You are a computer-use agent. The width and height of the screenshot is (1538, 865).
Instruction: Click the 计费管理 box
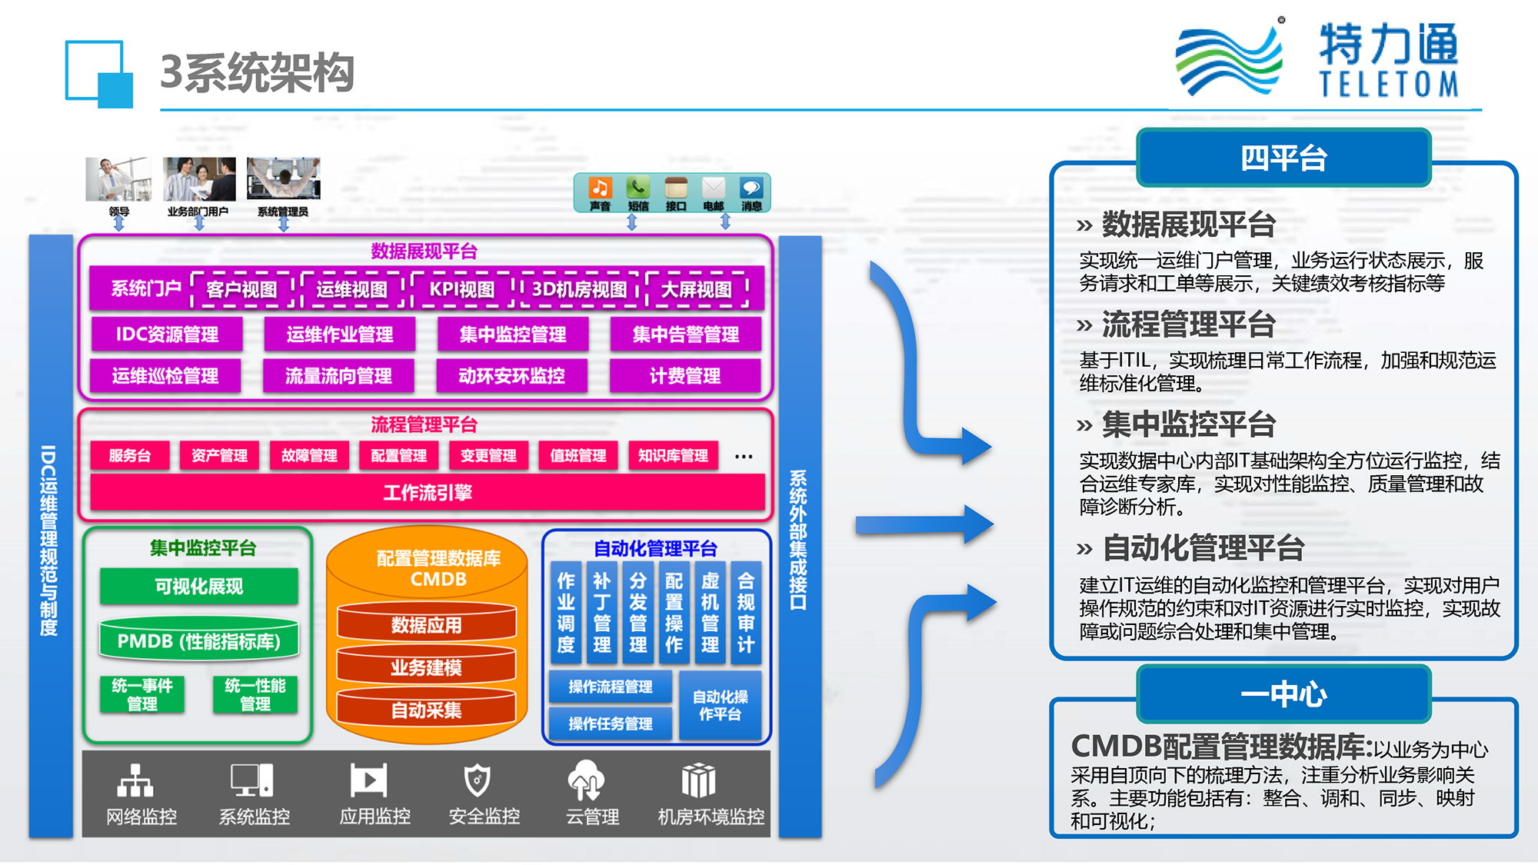[x=685, y=376]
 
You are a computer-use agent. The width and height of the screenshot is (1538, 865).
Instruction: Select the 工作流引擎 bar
[x=428, y=493]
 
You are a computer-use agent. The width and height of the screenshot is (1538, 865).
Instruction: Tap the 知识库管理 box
[x=673, y=455]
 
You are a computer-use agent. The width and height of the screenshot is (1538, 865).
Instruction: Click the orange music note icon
[x=600, y=188]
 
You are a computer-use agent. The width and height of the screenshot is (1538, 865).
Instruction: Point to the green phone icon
[x=638, y=188]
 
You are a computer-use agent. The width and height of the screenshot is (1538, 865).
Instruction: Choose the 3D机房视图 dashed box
[x=580, y=289]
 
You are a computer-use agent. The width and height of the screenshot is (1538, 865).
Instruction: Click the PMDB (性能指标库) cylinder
[x=199, y=640]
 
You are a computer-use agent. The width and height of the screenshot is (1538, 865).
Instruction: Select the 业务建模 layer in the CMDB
[x=426, y=667]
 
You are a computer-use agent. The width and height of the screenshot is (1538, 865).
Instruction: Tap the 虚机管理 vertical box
[x=710, y=613]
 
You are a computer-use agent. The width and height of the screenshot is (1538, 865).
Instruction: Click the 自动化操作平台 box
[x=720, y=705]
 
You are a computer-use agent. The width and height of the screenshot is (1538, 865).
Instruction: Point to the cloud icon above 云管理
[x=586, y=779]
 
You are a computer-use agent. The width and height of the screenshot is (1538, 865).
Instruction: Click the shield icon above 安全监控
[x=477, y=780]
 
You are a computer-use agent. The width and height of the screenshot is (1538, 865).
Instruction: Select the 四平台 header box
[x=1283, y=158]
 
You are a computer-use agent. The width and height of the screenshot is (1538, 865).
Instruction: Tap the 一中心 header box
[x=1283, y=694]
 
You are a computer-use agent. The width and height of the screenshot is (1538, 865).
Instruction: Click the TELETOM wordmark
[x=1389, y=84]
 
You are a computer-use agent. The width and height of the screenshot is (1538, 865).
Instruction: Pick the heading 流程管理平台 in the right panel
[x=1188, y=324]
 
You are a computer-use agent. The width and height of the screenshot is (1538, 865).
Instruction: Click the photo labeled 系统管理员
[x=283, y=179]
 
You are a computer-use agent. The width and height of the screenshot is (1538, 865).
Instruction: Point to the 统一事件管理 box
[x=142, y=694]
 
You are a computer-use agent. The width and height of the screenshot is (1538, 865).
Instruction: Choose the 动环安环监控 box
[x=511, y=376]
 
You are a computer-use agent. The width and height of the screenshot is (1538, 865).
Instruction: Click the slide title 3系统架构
[x=257, y=73]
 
